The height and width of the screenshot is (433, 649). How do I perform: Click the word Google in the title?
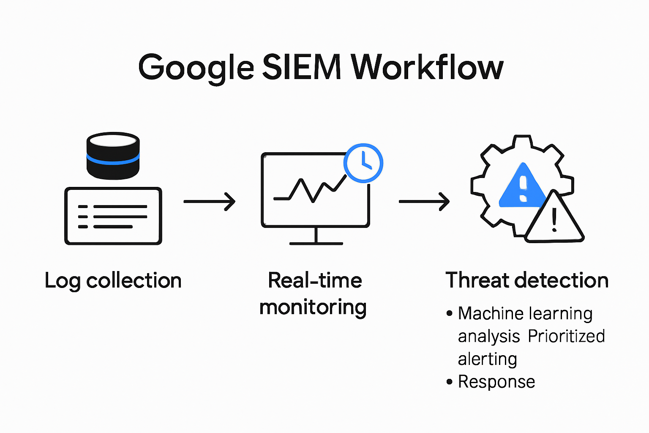pyautogui.click(x=196, y=68)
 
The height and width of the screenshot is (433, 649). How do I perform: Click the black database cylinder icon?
pyautogui.click(x=113, y=155)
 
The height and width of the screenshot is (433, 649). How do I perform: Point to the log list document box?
pyautogui.click(x=113, y=216)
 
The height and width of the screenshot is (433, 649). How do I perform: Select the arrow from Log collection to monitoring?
pyautogui.click(x=209, y=201)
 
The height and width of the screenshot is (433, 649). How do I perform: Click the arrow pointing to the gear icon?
pyautogui.click(x=424, y=201)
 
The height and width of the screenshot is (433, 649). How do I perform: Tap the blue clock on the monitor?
pyautogui.click(x=363, y=163)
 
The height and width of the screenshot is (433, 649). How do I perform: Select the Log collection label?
pyautogui.click(x=113, y=281)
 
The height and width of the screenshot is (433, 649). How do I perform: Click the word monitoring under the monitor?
pyautogui.click(x=313, y=308)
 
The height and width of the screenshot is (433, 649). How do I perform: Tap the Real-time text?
pyautogui.click(x=315, y=280)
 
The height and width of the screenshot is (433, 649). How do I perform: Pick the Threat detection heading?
pyautogui.click(x=527, y=280)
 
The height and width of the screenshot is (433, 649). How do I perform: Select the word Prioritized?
pyautogui.click(x=566, y=337)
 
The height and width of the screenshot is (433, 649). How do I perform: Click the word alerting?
pyautogui.click(x=487, y=359)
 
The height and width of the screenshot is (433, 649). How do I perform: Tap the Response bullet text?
pyautogui.click(x=496, y=382)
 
